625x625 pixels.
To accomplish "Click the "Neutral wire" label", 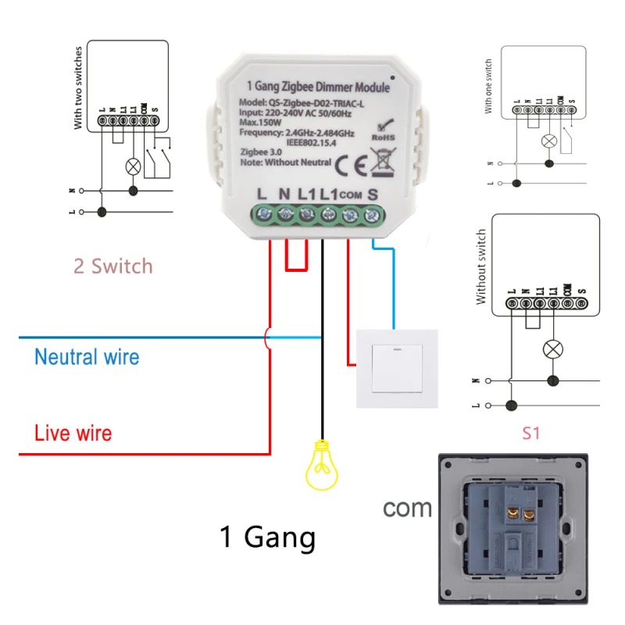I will (87, 358).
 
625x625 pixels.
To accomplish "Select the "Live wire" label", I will (73, 433).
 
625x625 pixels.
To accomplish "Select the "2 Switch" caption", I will (112, 266).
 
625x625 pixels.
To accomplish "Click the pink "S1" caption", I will (531, 433).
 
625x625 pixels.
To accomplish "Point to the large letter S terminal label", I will (373, 193).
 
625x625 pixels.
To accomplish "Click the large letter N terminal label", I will (284, 193).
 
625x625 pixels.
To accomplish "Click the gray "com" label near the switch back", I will (407, 508).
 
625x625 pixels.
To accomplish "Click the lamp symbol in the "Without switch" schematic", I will (553, 348).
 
